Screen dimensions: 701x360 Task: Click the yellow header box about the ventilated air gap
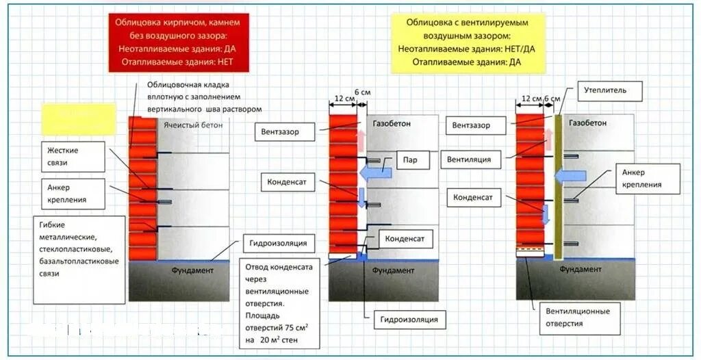click(x=468, y=42)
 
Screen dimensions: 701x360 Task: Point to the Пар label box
click(x=411, y=160)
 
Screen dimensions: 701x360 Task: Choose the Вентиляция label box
click(x=469, y=159)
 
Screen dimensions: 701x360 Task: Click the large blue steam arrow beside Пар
click(x=377, y=172)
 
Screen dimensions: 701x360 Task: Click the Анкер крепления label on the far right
click(x=648, y=179)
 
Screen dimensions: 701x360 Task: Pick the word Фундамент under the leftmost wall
click(x=192, y=271)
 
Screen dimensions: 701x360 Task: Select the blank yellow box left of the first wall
click(x=78, y=118)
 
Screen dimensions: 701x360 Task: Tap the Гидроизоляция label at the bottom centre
click(x=410, y=319)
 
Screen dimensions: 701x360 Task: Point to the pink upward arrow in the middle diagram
click(x=361, y=140)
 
